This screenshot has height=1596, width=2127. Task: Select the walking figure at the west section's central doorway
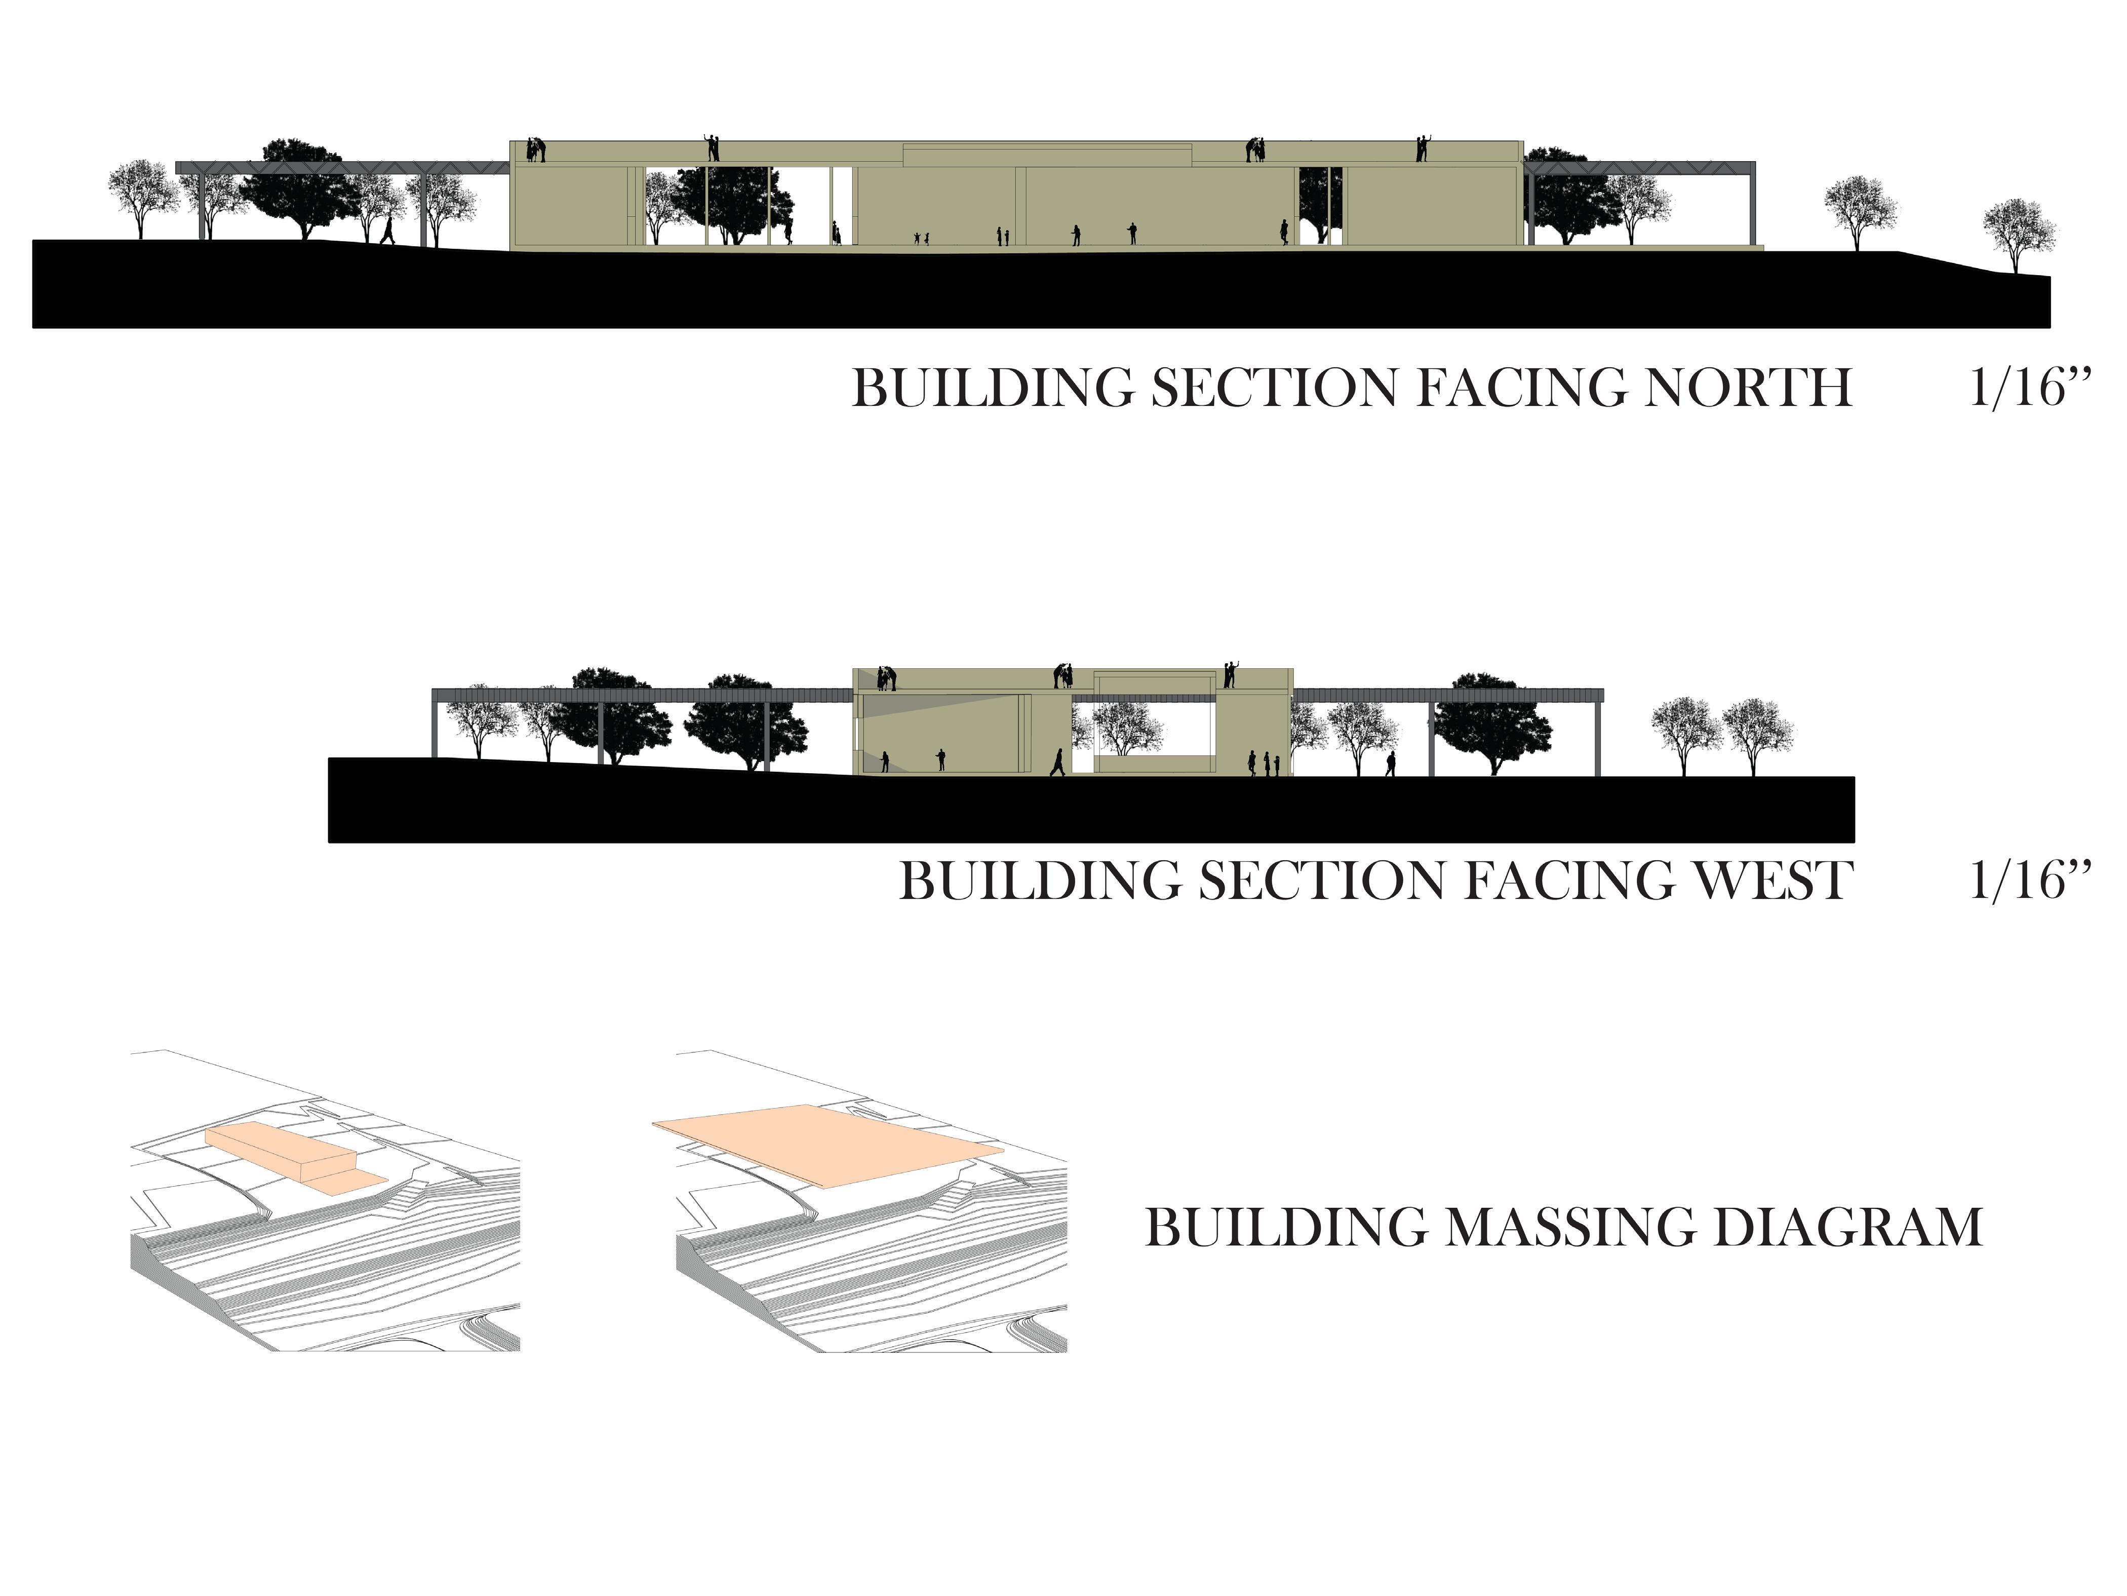pyautogui.click(x=1058, y=762)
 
